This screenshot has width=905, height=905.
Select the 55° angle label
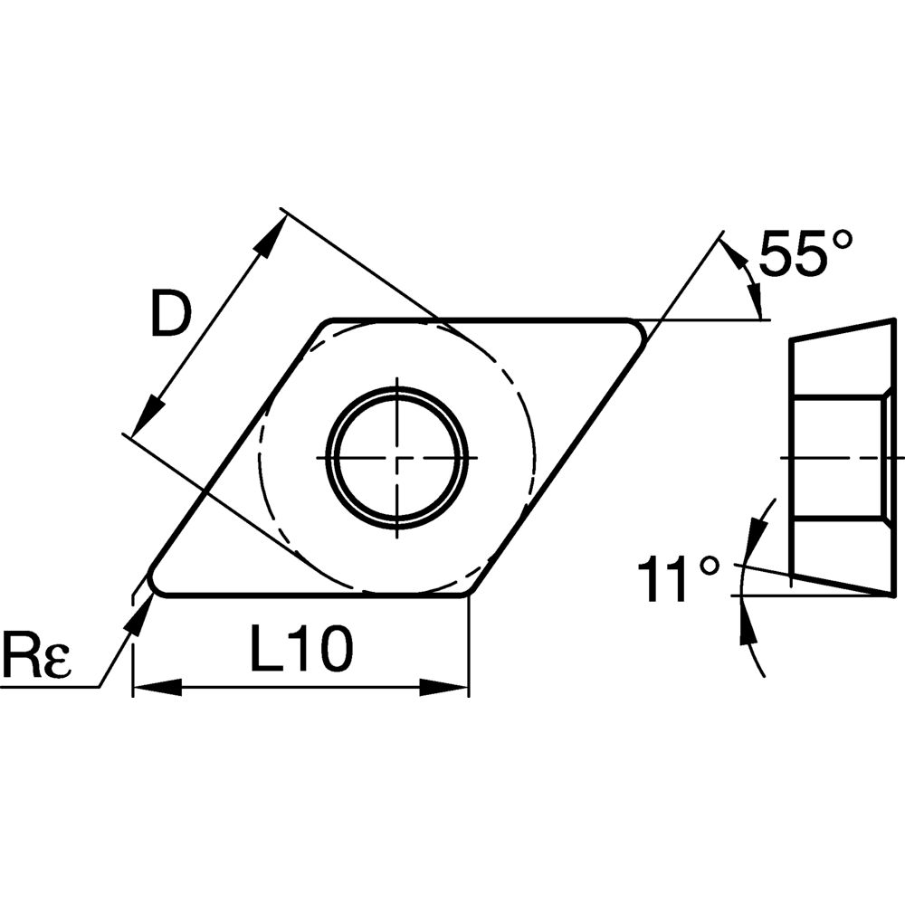point(805,252)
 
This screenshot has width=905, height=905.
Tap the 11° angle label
point(678,580)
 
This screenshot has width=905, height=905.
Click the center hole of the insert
point(397,458)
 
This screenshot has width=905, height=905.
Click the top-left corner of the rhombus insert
point(327,323)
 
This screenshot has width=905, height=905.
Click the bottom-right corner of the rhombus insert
point(467,592)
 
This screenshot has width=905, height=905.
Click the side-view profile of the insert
point(842,458)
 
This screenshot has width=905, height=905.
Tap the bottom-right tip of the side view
point(892,594)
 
